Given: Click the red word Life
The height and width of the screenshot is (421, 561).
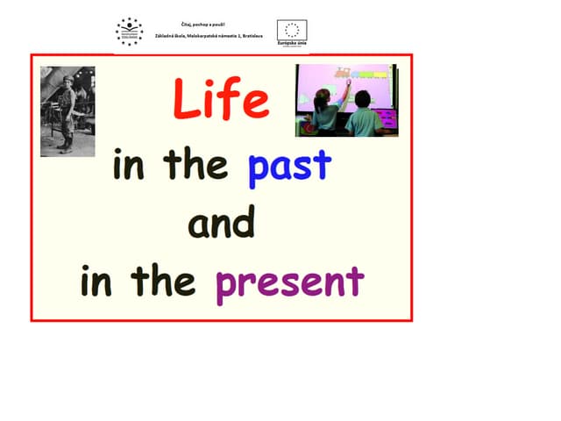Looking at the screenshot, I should point(221,98).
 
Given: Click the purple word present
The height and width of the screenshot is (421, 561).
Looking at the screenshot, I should point(289,282).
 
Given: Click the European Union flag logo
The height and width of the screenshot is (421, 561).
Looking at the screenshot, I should point(292,30).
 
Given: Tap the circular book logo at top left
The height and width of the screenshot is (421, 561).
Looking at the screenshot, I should point(129,31).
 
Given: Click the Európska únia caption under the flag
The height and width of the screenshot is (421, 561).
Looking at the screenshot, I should point(291,44).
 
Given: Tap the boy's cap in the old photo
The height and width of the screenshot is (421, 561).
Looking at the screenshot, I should point(66,82).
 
